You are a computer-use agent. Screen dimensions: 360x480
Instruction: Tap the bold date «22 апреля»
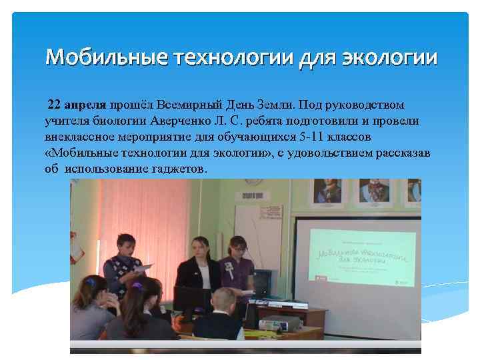pyautogui.click(x=77, y=105)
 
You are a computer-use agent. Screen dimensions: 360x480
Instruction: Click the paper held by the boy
pyautogui.click(x=145, y=267)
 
